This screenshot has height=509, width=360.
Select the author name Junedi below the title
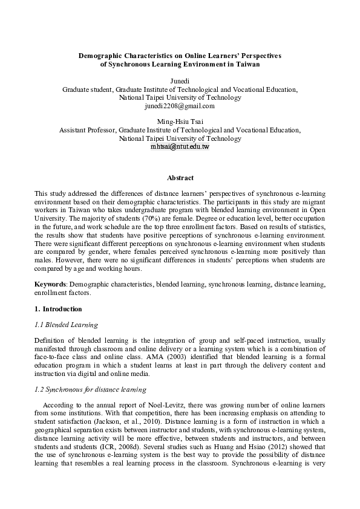tap(180, 80)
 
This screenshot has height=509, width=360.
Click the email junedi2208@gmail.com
tap(180, 106)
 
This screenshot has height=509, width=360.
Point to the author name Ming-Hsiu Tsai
tap(180, 122)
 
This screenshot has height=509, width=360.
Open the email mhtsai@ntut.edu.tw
tap(180, 147)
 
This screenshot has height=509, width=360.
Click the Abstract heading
tap(180, 178)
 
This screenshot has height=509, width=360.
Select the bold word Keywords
tap(51, 283)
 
